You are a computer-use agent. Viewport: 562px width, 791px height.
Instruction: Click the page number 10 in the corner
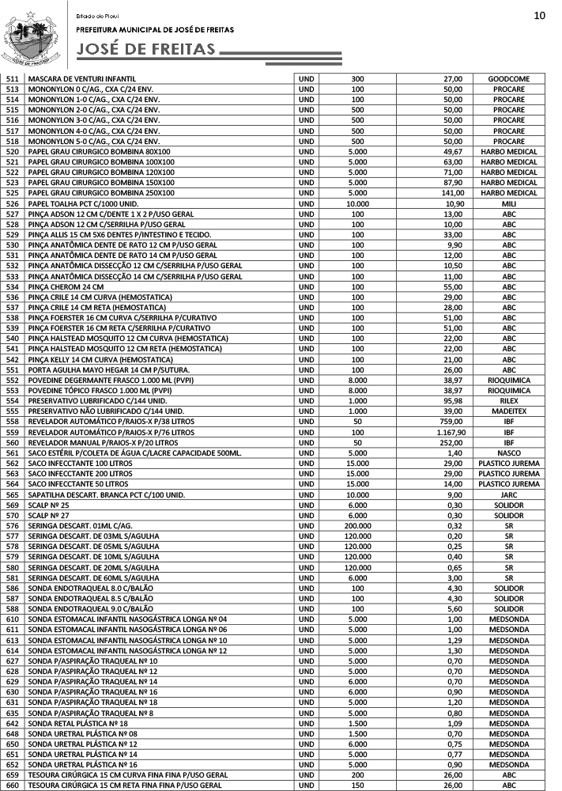tap(540, 15)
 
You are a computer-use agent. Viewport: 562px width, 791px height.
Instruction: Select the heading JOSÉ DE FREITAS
tap(145, 51)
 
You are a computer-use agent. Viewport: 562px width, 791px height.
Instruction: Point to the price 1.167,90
tap(451, 432)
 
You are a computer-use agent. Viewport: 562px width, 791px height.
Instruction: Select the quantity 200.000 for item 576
tap(357, 525)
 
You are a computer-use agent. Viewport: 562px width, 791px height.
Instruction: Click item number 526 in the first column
tap(13, 203)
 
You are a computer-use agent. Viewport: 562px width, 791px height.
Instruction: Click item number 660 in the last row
tap(13, 785)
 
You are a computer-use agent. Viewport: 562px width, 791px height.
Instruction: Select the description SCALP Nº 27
tap(48, 515)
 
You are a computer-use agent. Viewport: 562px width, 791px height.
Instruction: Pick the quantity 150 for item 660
tap(357, 785)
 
